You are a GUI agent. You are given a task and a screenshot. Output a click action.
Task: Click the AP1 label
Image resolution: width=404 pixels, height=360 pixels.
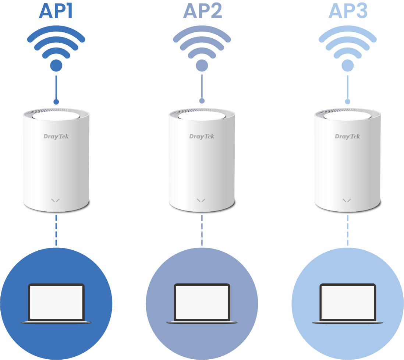56,11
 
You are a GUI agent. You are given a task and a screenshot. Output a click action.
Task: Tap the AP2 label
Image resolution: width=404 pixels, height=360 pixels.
202,11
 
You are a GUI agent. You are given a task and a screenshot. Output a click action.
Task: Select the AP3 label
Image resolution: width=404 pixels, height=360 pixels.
348,11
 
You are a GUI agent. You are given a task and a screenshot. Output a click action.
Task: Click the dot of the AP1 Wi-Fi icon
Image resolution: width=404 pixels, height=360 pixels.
56,66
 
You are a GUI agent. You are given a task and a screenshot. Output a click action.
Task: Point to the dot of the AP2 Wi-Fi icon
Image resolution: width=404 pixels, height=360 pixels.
202,66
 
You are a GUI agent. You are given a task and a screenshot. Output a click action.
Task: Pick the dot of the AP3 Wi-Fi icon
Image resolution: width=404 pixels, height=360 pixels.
348,66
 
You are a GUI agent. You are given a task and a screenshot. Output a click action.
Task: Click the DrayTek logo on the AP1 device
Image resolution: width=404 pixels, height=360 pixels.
56,137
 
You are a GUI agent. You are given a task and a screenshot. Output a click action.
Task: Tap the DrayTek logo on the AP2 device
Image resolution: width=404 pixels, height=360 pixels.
202,137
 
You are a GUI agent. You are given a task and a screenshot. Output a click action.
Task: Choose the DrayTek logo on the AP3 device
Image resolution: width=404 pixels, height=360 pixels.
347,137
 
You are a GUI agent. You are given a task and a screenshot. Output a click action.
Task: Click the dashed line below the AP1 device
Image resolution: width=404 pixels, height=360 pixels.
56,230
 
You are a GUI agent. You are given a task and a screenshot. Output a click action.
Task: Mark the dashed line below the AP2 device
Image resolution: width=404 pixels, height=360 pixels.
202,230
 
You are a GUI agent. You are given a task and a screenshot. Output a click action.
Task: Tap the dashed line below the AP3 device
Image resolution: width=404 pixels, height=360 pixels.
348,230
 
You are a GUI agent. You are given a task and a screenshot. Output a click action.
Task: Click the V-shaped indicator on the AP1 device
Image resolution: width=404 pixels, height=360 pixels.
56,200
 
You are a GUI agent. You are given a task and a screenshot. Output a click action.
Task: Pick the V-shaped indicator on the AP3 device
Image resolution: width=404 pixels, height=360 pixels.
347,200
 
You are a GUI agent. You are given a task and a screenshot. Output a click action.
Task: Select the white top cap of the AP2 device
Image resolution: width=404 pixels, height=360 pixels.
202,116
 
